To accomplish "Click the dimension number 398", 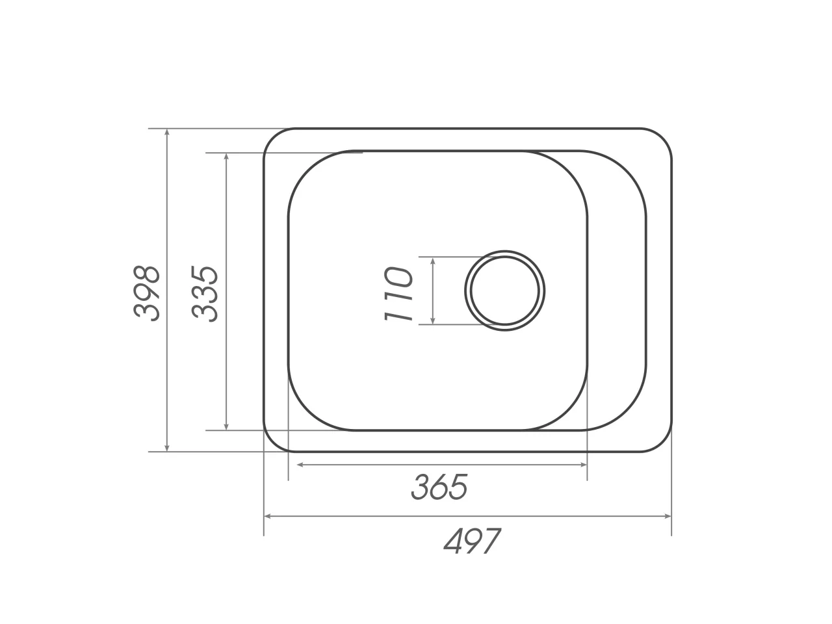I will [146, 292].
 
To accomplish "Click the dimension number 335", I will [205, 293].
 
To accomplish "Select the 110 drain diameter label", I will [398, 294].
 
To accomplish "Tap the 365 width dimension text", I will [439, 487].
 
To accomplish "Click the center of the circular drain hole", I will [505, 291].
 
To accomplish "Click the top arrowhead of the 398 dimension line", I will [167, 133].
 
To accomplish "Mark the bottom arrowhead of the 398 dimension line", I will [167, 448].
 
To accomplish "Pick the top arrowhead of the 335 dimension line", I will [226, 157].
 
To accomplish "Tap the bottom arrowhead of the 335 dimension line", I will [226, 426].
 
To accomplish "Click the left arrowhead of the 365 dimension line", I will [301, 465].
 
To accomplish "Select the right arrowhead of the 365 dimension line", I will [583, 465].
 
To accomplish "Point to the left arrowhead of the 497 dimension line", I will [268, 517].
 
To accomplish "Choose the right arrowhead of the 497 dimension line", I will [667, 517].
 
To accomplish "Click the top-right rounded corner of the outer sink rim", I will [662, 138].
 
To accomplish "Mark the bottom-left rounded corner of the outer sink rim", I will [272, 443].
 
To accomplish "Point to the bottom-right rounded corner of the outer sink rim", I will [662, 443].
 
